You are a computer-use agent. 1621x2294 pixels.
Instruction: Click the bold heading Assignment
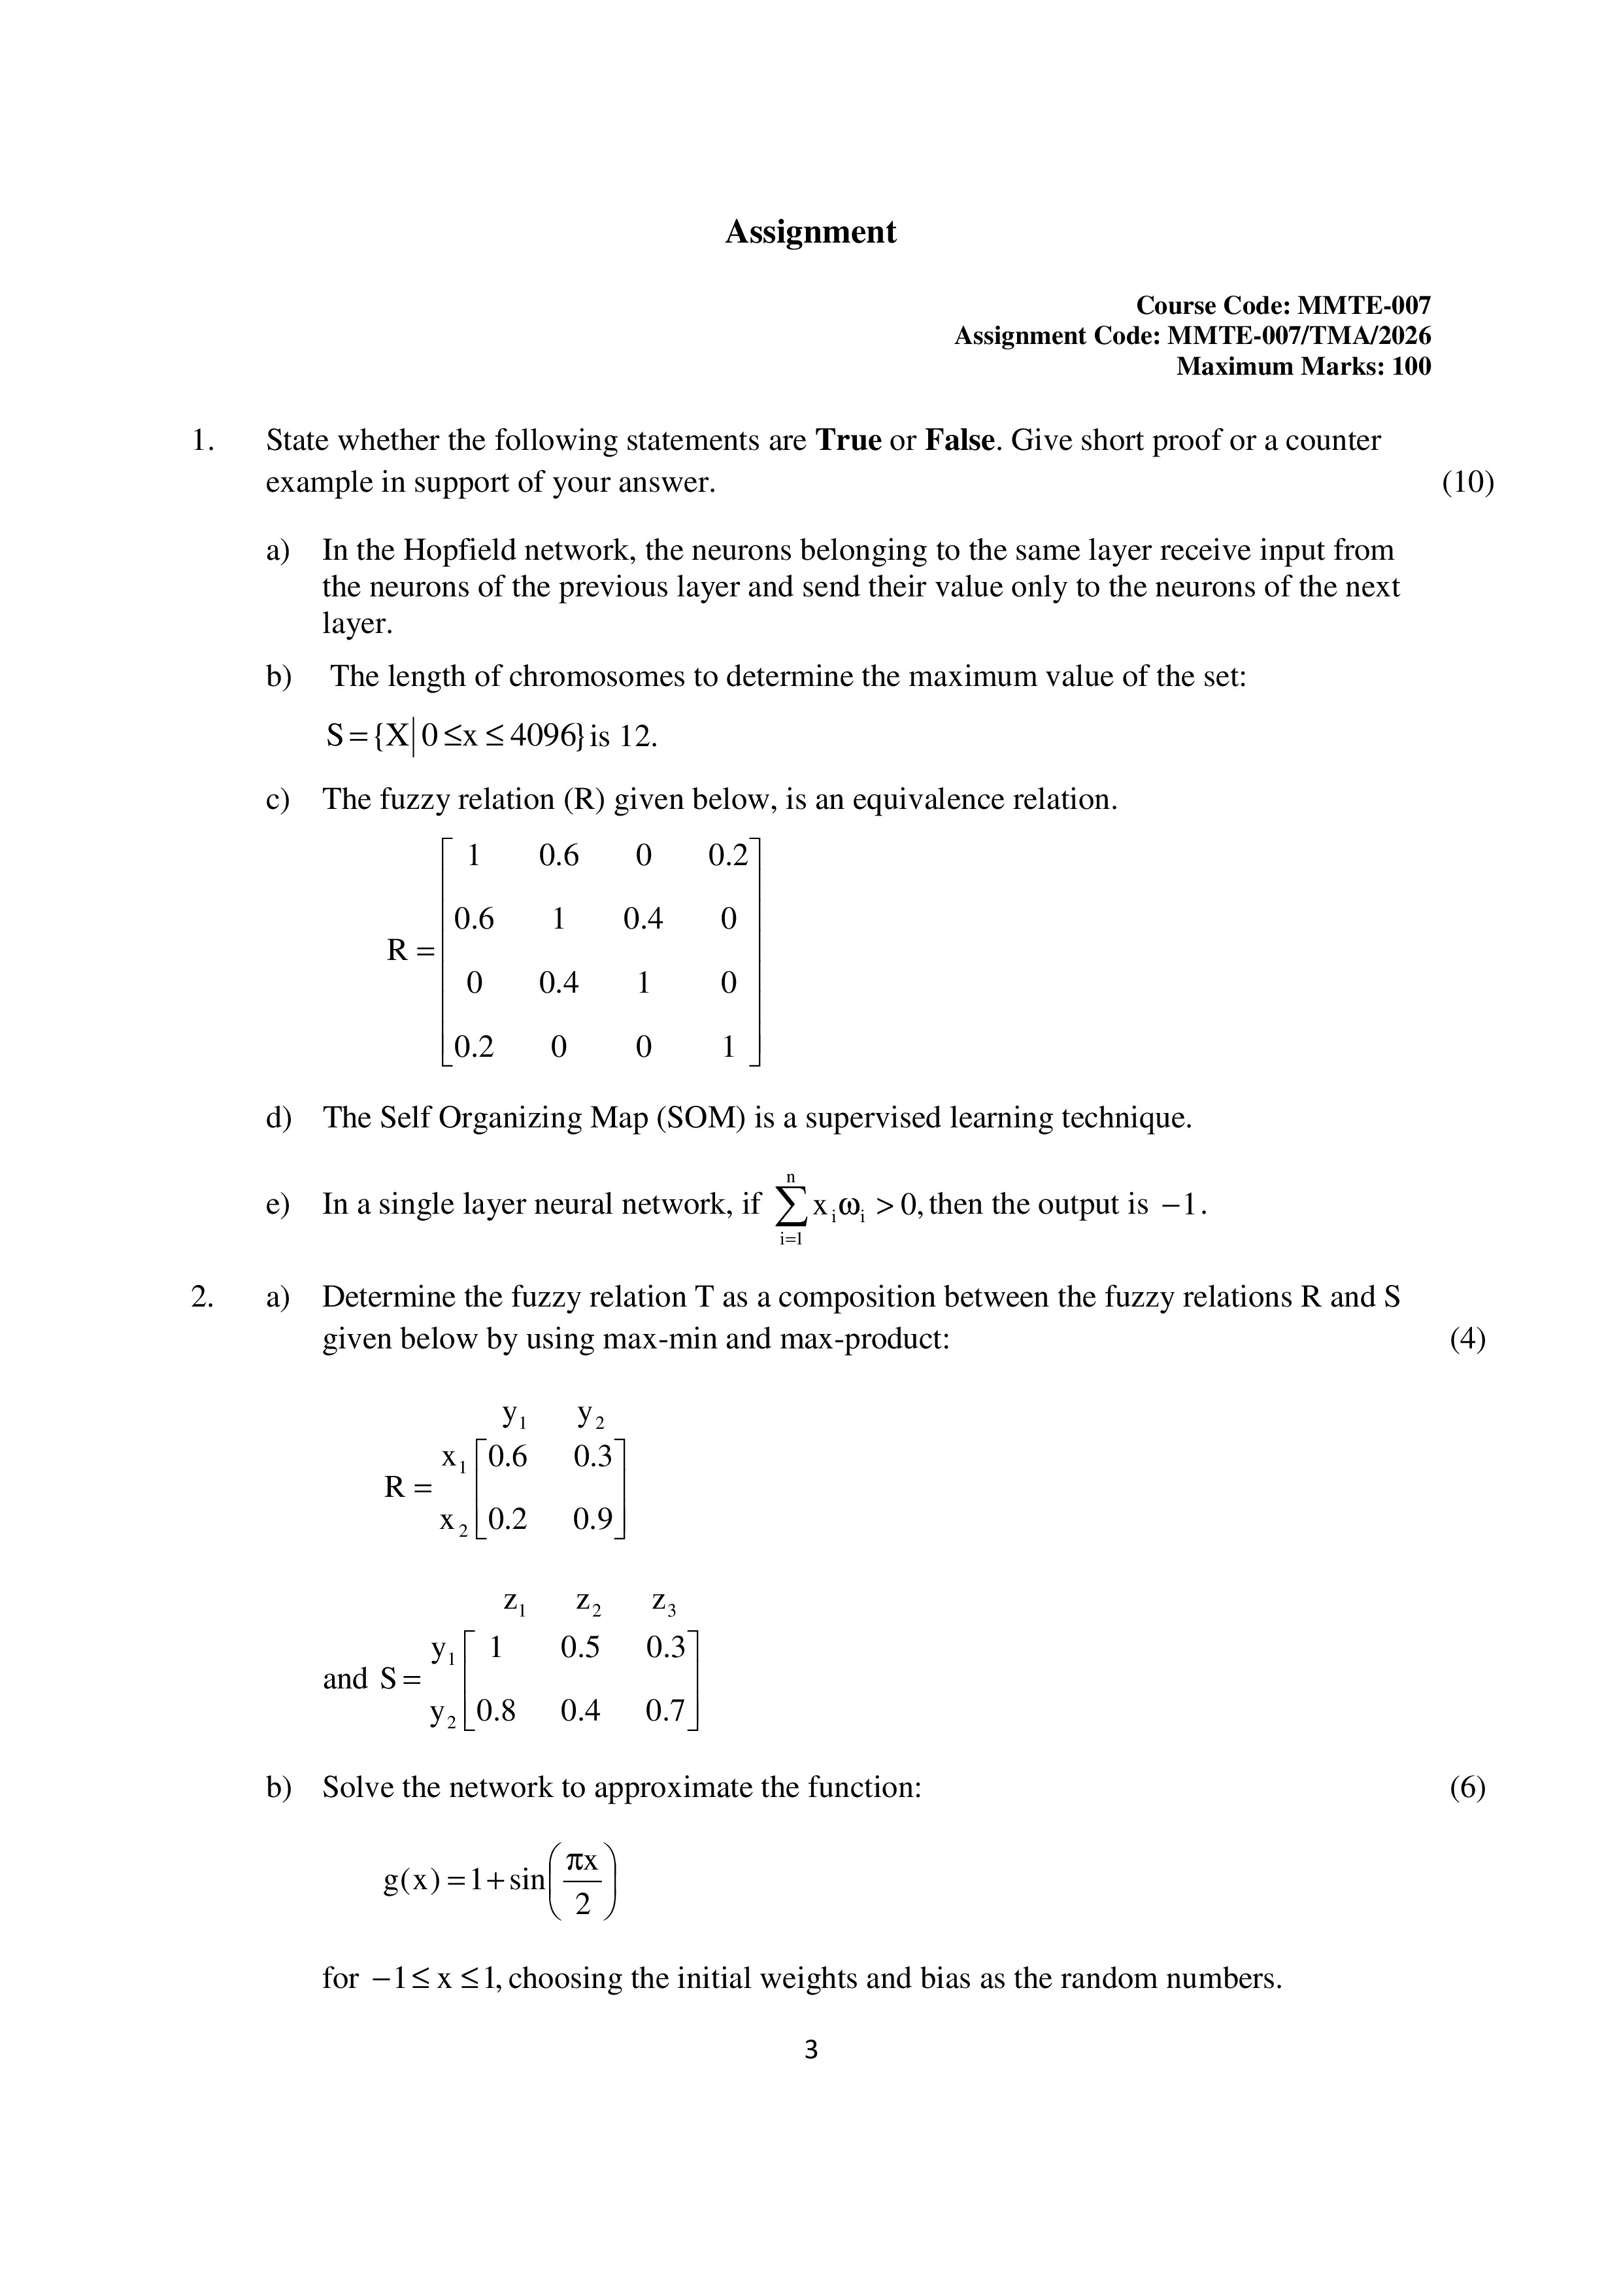click(810, 231)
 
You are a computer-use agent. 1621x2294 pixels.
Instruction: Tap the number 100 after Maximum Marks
click(1411, 367)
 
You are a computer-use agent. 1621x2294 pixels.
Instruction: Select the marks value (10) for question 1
click(1467, 483)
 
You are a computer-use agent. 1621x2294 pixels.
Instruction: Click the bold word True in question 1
click(848, 441)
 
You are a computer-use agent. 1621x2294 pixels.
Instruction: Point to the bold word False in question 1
click(961, 441)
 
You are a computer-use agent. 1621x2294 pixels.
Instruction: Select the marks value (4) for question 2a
click(1467, 1339)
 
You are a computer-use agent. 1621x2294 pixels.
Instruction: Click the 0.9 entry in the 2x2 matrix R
click(592, 1520)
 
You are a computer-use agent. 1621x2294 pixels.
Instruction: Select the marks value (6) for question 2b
click(1467, 1787)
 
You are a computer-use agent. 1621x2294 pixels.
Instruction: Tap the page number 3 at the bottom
click(810, 2050)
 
